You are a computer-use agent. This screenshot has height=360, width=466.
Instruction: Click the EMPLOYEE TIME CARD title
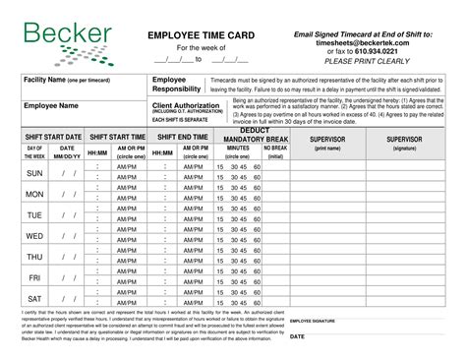pyautogui.click(x=201, y=35)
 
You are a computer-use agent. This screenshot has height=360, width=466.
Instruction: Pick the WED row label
pyautogui.click(x=33, y=237)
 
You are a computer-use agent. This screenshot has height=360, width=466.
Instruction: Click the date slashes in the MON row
pyautogui.click(x=69, y=194)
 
